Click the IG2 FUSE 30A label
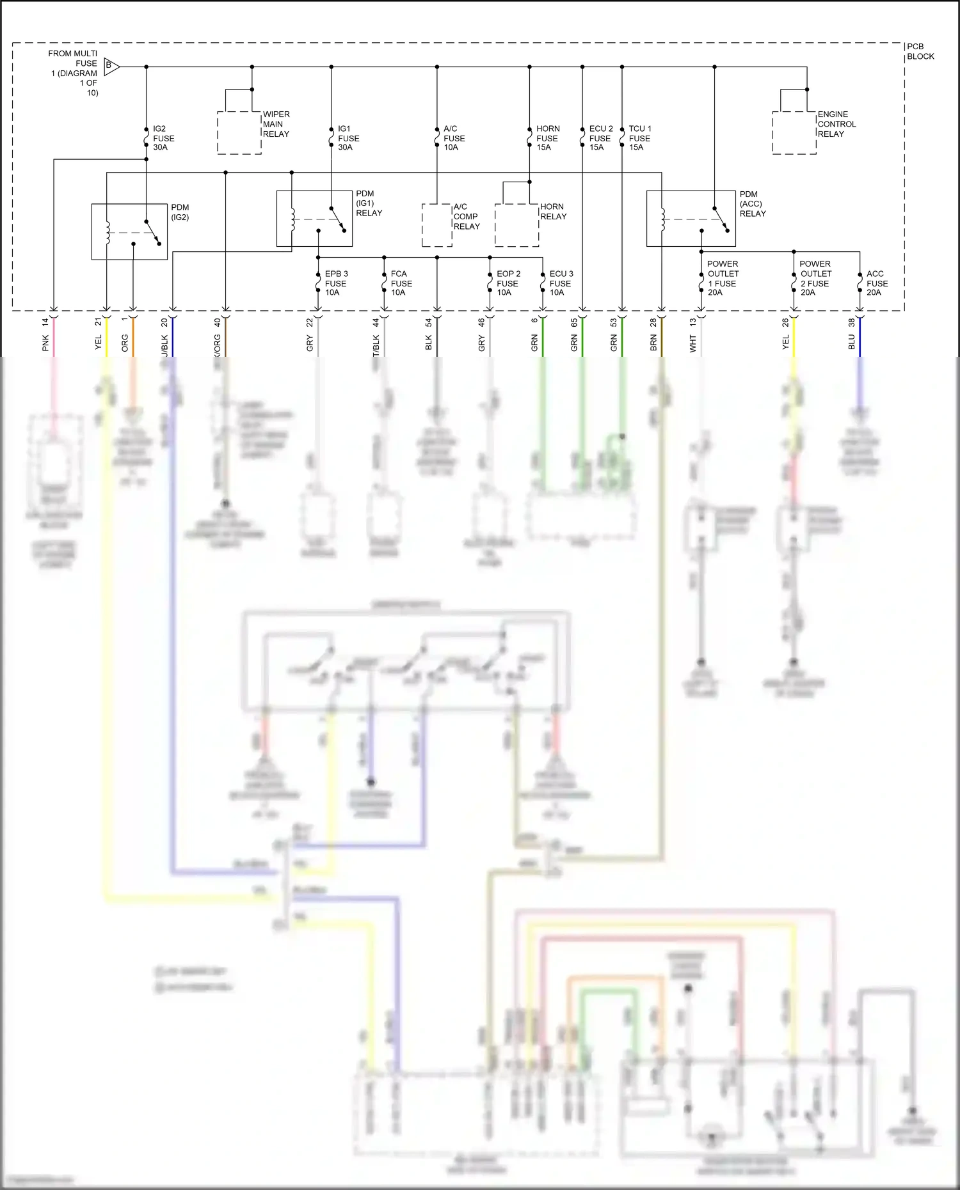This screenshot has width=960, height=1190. click(x=163, y=138)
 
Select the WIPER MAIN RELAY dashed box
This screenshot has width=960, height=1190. click(x=239, y=132)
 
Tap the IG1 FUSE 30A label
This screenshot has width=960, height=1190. click(x=348, y=138)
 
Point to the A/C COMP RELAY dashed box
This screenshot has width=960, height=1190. click(x=437, y=225)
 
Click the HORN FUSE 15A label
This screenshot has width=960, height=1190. click(x=547, y=138)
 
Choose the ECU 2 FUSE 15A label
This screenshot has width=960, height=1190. click(x=600, y=138)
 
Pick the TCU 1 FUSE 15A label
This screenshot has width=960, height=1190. click(x=639, y=138)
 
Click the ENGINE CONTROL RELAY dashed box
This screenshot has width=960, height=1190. click(x=794, y=132)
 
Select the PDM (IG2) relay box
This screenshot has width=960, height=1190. click(x=129, y=231)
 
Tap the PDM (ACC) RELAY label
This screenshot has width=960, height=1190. click(x=752, y=204)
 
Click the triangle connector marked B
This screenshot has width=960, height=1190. click(x=111, y=65)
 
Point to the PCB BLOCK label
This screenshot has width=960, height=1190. click(x=920, y=51)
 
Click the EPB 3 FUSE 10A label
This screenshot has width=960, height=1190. click(x=335, y=283)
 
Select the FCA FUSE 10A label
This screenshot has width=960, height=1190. click(x=401, y=283)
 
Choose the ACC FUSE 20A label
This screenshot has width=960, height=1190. click(x=877, y=283)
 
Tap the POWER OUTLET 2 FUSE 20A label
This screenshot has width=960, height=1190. click(x=815, y=278)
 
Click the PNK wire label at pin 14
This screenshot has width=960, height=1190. click(x=45, y=343)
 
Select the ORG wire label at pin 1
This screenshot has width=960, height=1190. click(x=125, y=343)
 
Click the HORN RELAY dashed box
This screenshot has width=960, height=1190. click(x=516, y=225)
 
